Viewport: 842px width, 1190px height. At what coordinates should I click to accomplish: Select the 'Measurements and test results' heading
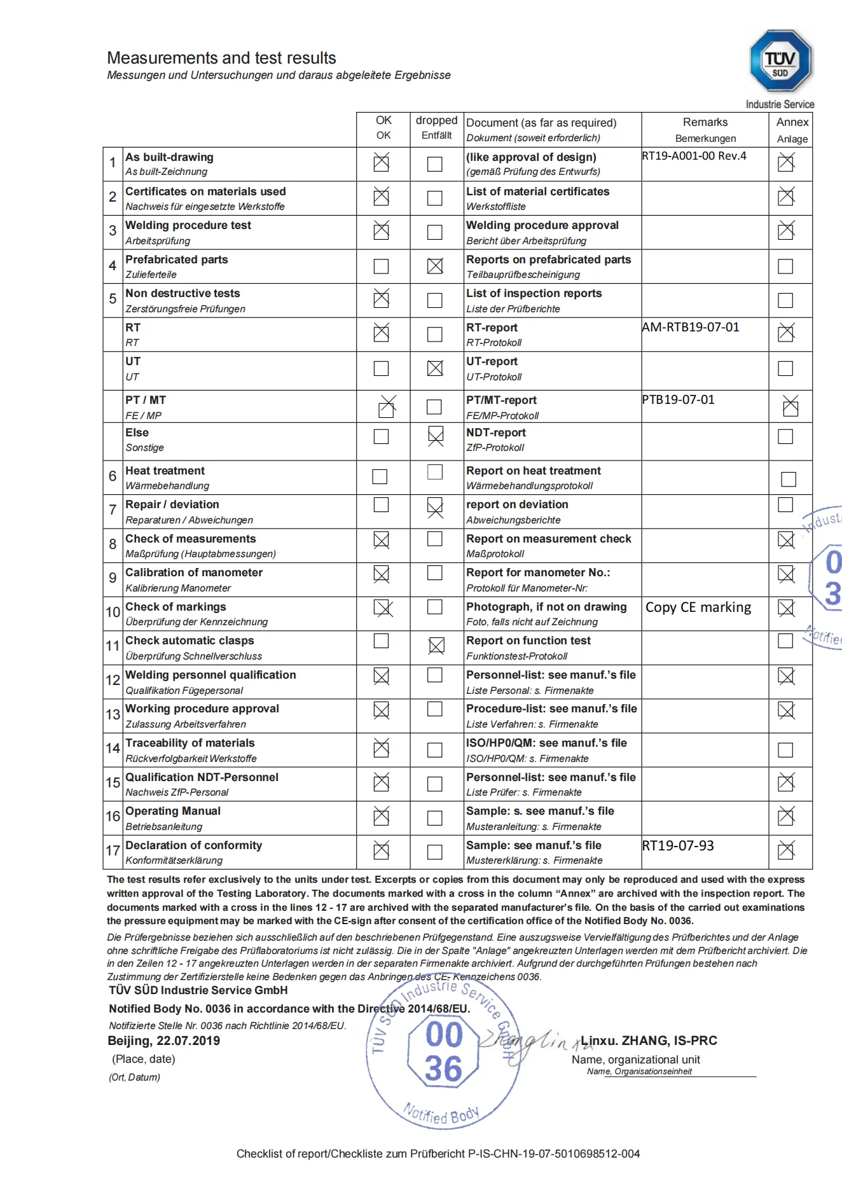pos(221,58)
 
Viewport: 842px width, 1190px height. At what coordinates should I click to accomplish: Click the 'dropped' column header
pos(436,120)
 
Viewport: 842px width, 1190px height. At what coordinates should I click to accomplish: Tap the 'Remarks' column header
pos(705,122)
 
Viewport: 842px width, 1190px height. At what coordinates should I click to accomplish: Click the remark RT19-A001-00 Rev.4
pos(694,156)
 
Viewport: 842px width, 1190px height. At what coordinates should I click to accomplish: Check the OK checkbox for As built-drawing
pos(381,163)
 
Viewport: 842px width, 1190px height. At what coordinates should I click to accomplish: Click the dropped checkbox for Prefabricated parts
pos(435,266)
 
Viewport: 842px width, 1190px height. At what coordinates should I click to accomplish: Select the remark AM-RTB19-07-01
pos(691,327)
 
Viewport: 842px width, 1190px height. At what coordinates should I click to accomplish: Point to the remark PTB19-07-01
pos(679,399)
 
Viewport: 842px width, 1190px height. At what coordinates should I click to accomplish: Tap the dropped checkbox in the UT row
pos(435,368)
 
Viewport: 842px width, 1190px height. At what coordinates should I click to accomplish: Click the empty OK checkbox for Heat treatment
pos(380,476)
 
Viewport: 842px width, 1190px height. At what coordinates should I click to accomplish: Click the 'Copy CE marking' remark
pos(698,607)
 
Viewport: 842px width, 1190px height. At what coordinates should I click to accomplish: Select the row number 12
pos(113,680)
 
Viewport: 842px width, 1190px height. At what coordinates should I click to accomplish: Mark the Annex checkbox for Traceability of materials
pos(785,750)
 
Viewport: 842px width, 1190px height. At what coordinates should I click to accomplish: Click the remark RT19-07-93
pos(678,845)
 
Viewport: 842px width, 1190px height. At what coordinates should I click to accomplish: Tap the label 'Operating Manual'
pos(173,811)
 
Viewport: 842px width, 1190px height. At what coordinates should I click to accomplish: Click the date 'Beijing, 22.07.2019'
pos(164,1041)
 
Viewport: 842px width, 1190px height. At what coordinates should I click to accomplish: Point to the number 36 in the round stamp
pos(443,1068)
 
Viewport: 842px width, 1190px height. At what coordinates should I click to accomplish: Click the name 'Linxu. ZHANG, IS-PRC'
pos(649,1041)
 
